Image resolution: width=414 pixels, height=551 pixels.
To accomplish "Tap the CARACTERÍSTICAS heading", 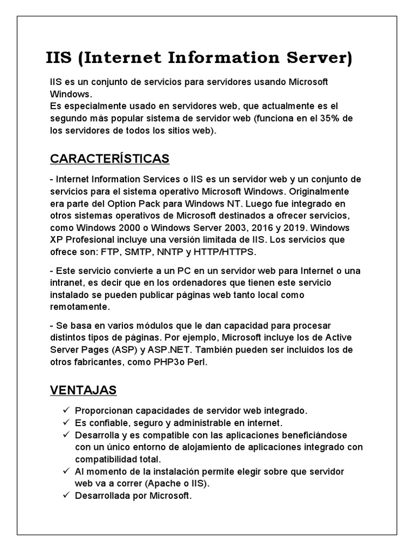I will click(x=109, y=159).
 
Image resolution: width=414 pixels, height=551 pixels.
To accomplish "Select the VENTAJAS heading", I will click(x=84, y=390).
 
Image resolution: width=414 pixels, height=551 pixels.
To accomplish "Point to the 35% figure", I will click(x=336, y=118).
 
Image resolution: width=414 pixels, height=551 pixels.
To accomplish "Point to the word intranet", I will click(x=66, y=283).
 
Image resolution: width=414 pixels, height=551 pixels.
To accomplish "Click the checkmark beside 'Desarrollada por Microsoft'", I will click(x=66, y=495).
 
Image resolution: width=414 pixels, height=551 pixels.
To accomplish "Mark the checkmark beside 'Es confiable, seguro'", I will click(x=66, y=422).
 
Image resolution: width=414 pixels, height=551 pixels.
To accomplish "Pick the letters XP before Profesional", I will click(x=56, y=239).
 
